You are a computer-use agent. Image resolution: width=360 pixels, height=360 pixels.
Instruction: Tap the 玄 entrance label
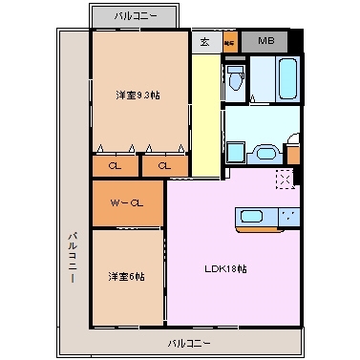pos(206,42)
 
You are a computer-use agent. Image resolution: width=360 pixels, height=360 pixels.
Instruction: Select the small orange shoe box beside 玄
pos(229,42)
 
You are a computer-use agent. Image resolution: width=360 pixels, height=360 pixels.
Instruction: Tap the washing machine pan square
pos(237,153)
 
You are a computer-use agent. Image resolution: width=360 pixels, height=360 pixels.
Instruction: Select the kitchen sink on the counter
pos(252,216)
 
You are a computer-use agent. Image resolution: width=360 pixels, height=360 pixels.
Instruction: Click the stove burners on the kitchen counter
pos(286,216)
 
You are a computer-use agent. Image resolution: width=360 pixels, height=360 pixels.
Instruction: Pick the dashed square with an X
pos(283,178)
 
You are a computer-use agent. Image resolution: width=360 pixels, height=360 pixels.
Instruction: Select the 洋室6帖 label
pos(126,277)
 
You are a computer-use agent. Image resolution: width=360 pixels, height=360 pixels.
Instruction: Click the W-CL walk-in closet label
pos(127,202)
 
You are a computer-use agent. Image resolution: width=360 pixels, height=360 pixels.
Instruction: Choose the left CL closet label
pos(115,166)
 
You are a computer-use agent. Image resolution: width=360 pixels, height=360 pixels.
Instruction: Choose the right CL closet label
pos(164,166)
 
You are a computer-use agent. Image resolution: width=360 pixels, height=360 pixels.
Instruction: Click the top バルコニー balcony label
pos(134,16)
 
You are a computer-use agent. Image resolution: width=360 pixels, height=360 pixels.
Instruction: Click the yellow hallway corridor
pos(204,115)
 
